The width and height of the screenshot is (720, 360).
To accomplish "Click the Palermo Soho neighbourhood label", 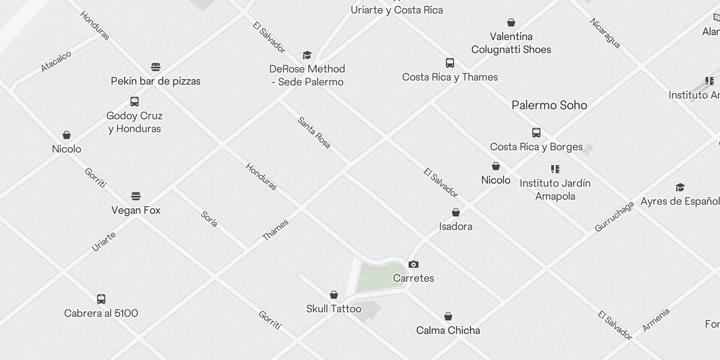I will (549, 105).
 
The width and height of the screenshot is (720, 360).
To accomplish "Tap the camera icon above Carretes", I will (413, 264).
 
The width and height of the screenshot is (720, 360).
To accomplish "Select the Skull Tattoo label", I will (333, 309).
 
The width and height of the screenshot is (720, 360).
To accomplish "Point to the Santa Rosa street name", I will (314, 133).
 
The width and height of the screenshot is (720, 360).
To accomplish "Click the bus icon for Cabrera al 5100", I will (101, 299).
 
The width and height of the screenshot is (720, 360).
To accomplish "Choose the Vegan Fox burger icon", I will (136, 196).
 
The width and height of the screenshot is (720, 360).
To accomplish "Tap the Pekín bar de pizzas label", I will (156, 81).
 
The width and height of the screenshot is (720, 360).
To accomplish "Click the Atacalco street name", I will (56, 61).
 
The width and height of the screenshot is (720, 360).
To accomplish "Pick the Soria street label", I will (209, 219).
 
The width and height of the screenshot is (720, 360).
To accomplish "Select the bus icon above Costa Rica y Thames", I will (450, 63).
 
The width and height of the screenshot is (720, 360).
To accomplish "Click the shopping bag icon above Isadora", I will (455, 212).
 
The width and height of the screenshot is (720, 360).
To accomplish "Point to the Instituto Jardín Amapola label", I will (555, 189).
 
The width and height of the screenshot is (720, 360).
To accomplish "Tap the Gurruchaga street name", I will (614, 217).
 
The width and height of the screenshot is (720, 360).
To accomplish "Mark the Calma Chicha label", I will (448, 330).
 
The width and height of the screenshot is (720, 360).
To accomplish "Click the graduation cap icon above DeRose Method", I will (307, 55).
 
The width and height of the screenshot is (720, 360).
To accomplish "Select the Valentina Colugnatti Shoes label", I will (511, 43).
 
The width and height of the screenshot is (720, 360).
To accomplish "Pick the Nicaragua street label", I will (605, 33).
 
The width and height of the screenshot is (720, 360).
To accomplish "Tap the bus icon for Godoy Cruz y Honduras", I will (134, 101).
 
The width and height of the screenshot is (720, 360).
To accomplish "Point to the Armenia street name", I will (656, 320).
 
